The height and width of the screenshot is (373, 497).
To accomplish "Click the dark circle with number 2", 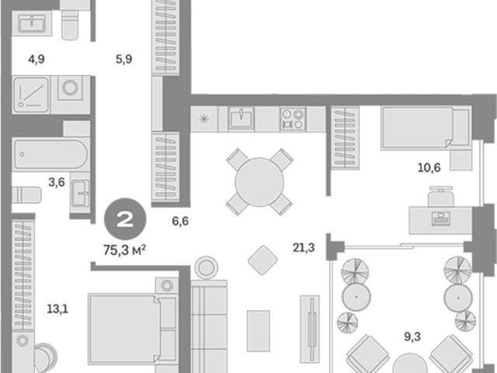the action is pyautogui.click(x=125, y=219).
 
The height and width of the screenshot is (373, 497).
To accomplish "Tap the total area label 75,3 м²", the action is pyautogui.click(x=124, y=250).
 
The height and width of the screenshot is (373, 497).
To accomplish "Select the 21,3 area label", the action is pyautogui.click(x=304, y=248).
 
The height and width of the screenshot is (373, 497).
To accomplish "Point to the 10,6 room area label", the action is pyautogui.click(x=429, y=168).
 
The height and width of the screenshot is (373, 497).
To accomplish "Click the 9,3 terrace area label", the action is pyautogui.click(x=412, y=336).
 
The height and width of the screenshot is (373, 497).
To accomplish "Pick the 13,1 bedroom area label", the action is pyautogui.click(x=57, y=309).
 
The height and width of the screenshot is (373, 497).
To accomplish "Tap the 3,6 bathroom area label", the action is pyautogui.click(x=57, y=183).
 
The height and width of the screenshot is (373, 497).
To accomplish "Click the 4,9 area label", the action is pyautogui.click(x=36, y=59).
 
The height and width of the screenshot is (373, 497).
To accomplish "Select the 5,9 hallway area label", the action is pyautogui.click(x=123, y=59).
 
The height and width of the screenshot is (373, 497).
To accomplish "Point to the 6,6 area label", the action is pyautogui.click(x=180, y=221).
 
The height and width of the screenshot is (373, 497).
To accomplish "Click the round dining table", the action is pyautogui.click(x=259, y=182).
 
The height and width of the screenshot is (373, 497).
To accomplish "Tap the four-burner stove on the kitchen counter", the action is pyautogui.click(x=293, y=119).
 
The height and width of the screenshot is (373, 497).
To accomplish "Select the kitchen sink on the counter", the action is pyautogui.click(x=242, y=118).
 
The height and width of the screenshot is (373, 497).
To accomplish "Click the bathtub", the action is pyautogui.click(x=50, y=154).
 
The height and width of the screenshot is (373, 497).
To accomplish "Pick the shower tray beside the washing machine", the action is pyautogui.click(x=31, y=94).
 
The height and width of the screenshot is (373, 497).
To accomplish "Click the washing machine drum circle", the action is pyautogui.click(x=70, y=87).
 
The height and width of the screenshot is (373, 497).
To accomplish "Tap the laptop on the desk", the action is pyautogui.click(x=441, y=219).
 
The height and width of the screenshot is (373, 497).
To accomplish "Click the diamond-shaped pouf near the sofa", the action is pyautogui.click(x=262, y=260).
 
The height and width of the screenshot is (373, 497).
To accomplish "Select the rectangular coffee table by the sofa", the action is pyautogui.click(x=259, y=331).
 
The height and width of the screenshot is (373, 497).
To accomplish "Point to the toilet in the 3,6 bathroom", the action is pyautogui.click(x=26, y=195).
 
